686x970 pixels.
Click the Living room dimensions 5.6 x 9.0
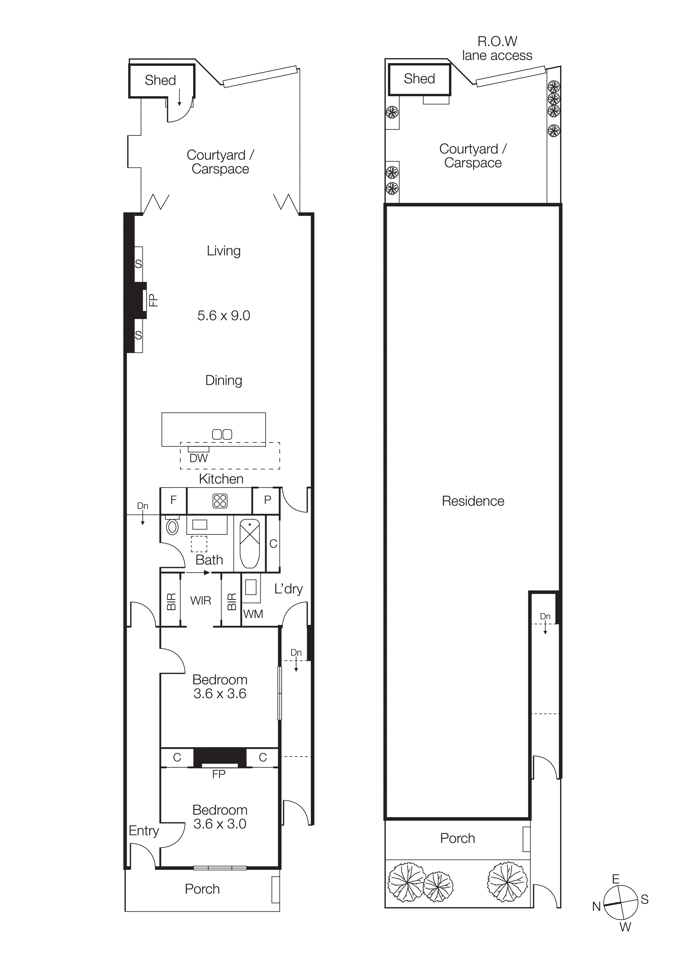[224, 315]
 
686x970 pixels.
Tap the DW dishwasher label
[198, 458]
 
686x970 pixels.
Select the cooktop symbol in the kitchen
[220, 501]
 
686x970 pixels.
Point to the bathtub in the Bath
[250, 543]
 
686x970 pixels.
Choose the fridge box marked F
[173, 500]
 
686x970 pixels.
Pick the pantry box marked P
[267, 500]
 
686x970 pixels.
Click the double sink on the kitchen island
[222, 434]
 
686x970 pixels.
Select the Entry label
[144, 831]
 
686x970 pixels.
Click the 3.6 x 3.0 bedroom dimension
[220, 824]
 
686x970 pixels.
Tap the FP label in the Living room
[153, 300]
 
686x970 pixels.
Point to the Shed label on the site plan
[419, 79]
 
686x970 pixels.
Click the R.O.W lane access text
[497, 48]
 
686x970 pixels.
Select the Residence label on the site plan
[473, 501]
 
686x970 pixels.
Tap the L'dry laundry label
[288, 589]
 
